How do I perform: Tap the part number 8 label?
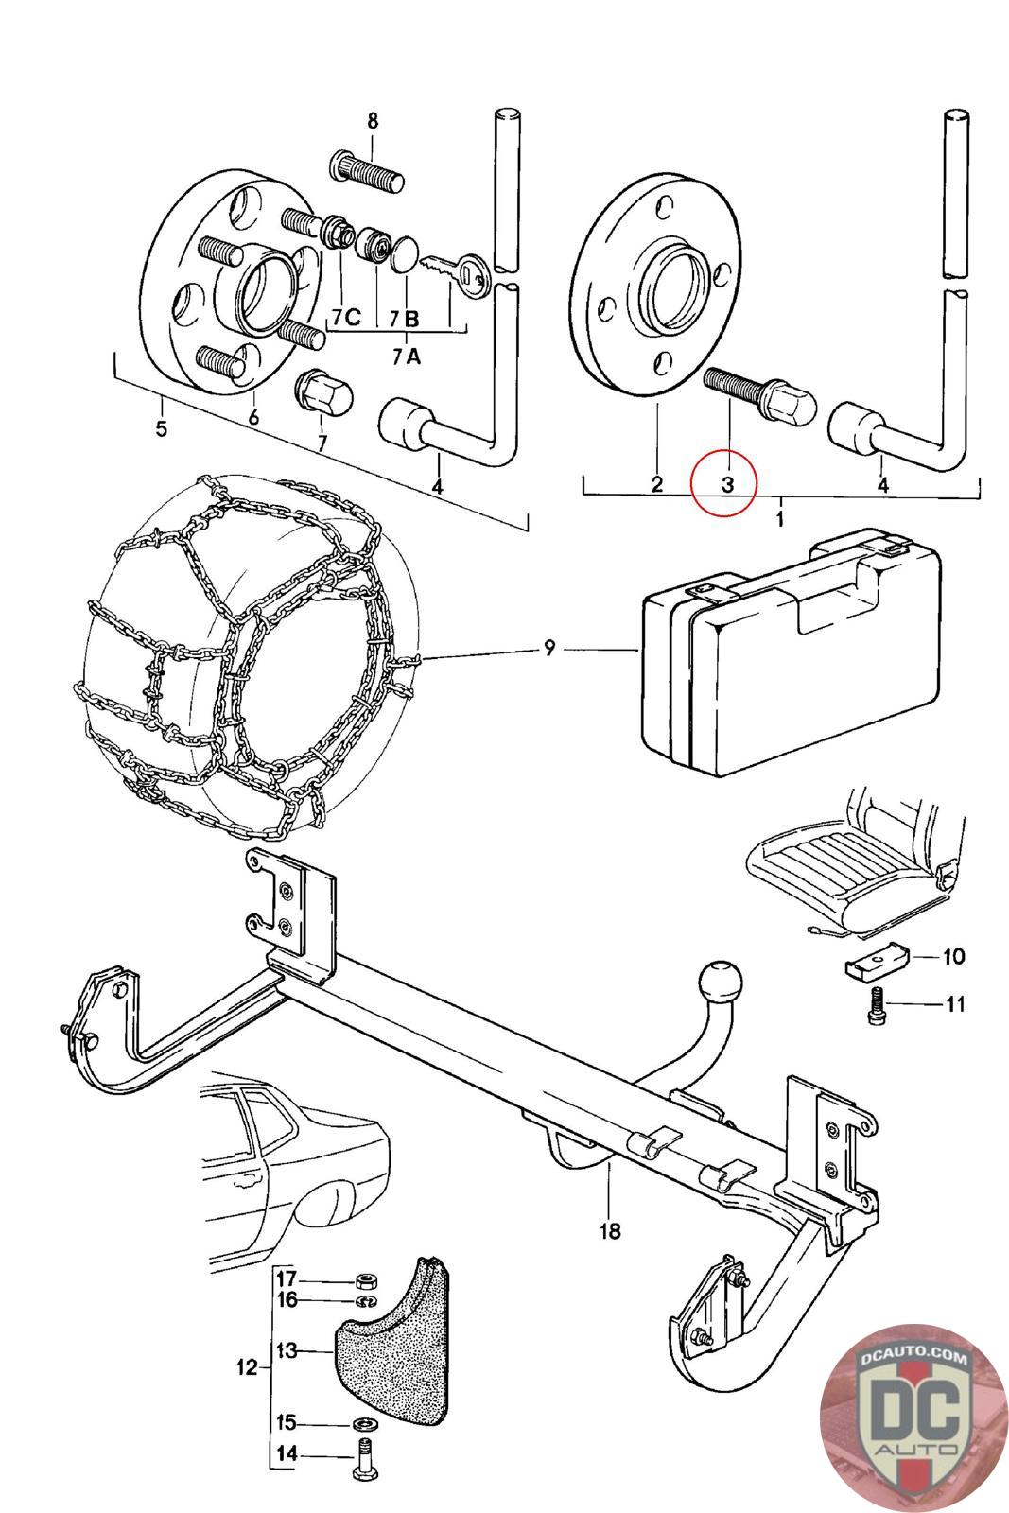(x=373, y=122)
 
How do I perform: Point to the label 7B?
(x=405, y=319)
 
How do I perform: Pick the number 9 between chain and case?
(x=549, y=649)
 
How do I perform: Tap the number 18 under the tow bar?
(x=610, y=1230)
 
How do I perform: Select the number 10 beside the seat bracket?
(x=953, y=956)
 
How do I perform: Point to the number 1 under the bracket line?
(x=781, y=519)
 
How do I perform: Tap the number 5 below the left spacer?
(x=161, y=428)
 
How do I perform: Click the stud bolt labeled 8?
(x=368, y=173)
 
